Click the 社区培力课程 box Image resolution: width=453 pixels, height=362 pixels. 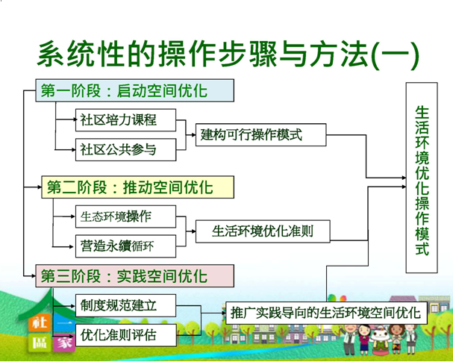click(x=126, y=120)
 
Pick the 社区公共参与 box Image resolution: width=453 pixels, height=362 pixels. click(x=126, y=149)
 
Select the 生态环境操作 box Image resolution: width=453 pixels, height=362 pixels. click(x=125, y=216)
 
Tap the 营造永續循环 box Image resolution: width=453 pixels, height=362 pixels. click(x=125, y=245)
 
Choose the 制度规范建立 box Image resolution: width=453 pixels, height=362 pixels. click(x=125, y=305)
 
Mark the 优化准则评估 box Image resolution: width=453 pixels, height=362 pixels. click(x=125, y=334)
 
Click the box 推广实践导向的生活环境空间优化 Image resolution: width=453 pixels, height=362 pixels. click(x=326, y=311)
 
